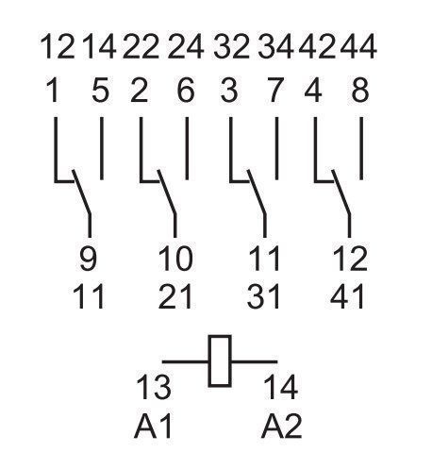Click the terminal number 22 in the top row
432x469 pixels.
[141, 47]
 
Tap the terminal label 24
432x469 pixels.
[186, 47]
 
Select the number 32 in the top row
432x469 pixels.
[231, 47]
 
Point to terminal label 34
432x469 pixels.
[275, 47]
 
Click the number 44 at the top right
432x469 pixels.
[358, 47]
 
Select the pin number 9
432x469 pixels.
[88, 259]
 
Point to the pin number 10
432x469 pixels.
[175, 259]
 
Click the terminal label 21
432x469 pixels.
[175, 296]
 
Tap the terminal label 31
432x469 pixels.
[263, 296]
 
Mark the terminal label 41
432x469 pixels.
[347, 296]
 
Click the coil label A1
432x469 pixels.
[153, 427]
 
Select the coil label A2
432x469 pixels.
[281, 427]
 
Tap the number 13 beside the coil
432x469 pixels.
[154, 388]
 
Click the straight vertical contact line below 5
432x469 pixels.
[101, 148]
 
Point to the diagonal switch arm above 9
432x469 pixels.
[82, 193]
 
